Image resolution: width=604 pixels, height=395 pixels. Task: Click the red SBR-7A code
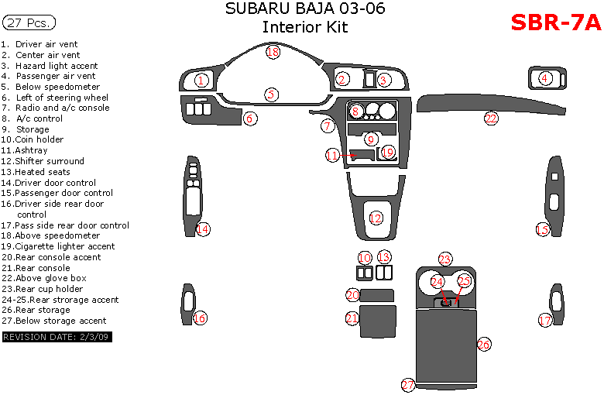(x=555, y=22)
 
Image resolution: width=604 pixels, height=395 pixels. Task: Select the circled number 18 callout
(x=273, y=52)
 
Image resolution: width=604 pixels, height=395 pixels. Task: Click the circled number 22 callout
(x=491, y=118)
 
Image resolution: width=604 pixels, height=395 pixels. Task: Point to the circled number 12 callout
(x=376, y=218)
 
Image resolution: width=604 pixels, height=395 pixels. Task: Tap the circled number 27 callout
(x=408, y=385)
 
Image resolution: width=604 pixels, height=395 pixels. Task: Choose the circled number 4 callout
(x=545, y=77)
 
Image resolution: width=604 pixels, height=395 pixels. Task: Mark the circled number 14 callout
(x=202, y=228)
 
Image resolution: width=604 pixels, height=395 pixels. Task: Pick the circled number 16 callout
(x=200, y=318)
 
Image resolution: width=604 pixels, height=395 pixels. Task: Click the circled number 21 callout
(x=352, y=318)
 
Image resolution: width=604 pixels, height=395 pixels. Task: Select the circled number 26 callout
(x=484, y=344)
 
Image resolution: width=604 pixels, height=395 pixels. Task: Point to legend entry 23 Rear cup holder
(x=43, y=289)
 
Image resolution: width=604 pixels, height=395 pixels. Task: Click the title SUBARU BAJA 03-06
(x=304, y=9)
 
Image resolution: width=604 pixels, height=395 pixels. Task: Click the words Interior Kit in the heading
(x=304, y=28)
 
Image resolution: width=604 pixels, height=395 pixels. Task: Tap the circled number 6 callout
(x=249, y=118)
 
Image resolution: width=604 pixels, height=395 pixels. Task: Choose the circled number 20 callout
(x=352, y=295)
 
